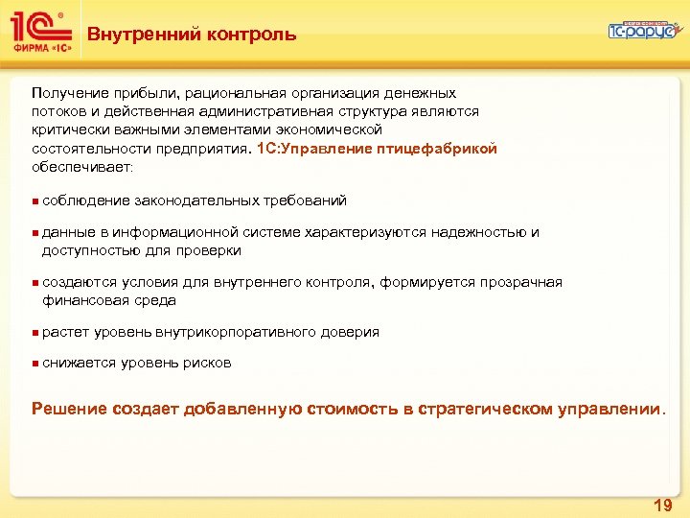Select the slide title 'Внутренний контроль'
192,35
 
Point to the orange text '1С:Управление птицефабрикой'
378,150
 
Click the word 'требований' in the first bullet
307,200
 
